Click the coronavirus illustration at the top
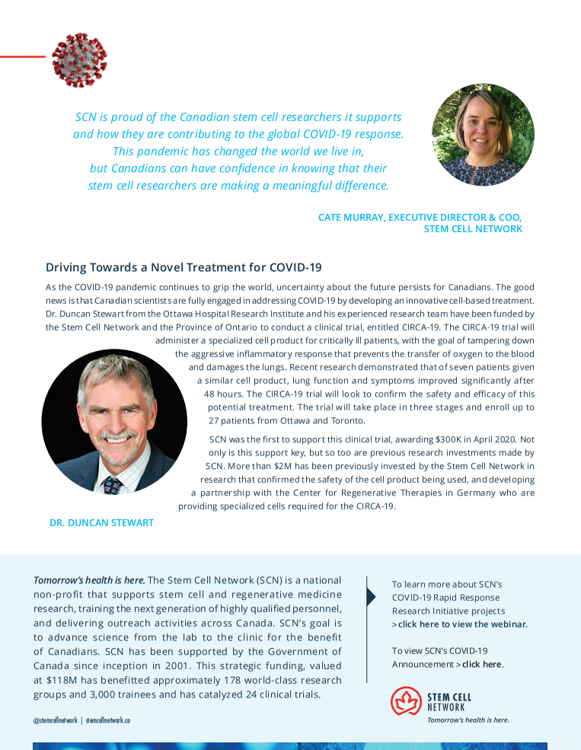pyautogui.click(x=79, y=59)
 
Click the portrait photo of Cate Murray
pyautogui.click(x=483, y=136)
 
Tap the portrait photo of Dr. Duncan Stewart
pyautogui.click(x=114, y=422)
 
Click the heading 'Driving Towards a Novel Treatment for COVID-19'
pyautogui.click(x=184, y=267)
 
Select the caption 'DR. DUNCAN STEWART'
pyautogui.click(x=101, y=523)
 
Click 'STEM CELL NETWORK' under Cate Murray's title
pyautogui.click(x=473, y=228)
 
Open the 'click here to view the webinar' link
pyautogui.click(x=462, y=624)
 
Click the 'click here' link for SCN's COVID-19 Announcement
pyautogui.click(x=481, y=664)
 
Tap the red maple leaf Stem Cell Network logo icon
pyautogui.click(x=406, y=701)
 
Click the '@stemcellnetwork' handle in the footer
pyautogui.click(x=55, y=720)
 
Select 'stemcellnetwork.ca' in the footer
pyautogui.click(x=107, y=720)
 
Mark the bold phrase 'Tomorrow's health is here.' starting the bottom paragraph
pyautogui.click(x=89, y=580)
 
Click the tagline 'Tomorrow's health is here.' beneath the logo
pyautogui.click(x=468, y=720)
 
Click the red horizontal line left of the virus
pyautogui.click(x=22, y=56)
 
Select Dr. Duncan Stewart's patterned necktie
pyautogui.click(x=112, y=484)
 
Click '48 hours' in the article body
pyautogui.click(x=225, y=394)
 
